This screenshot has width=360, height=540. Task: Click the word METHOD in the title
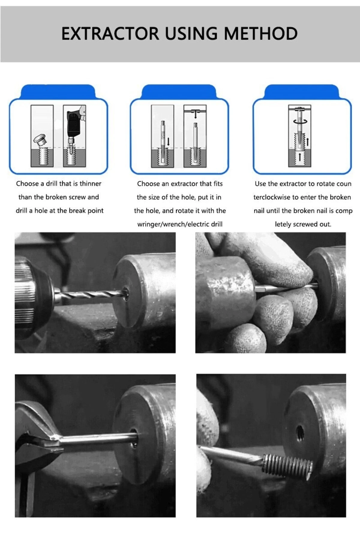(x=261, y=33)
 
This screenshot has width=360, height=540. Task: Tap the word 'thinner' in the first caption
(x=90, y=184)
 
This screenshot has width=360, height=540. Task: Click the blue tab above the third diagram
(x=301, y=91)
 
